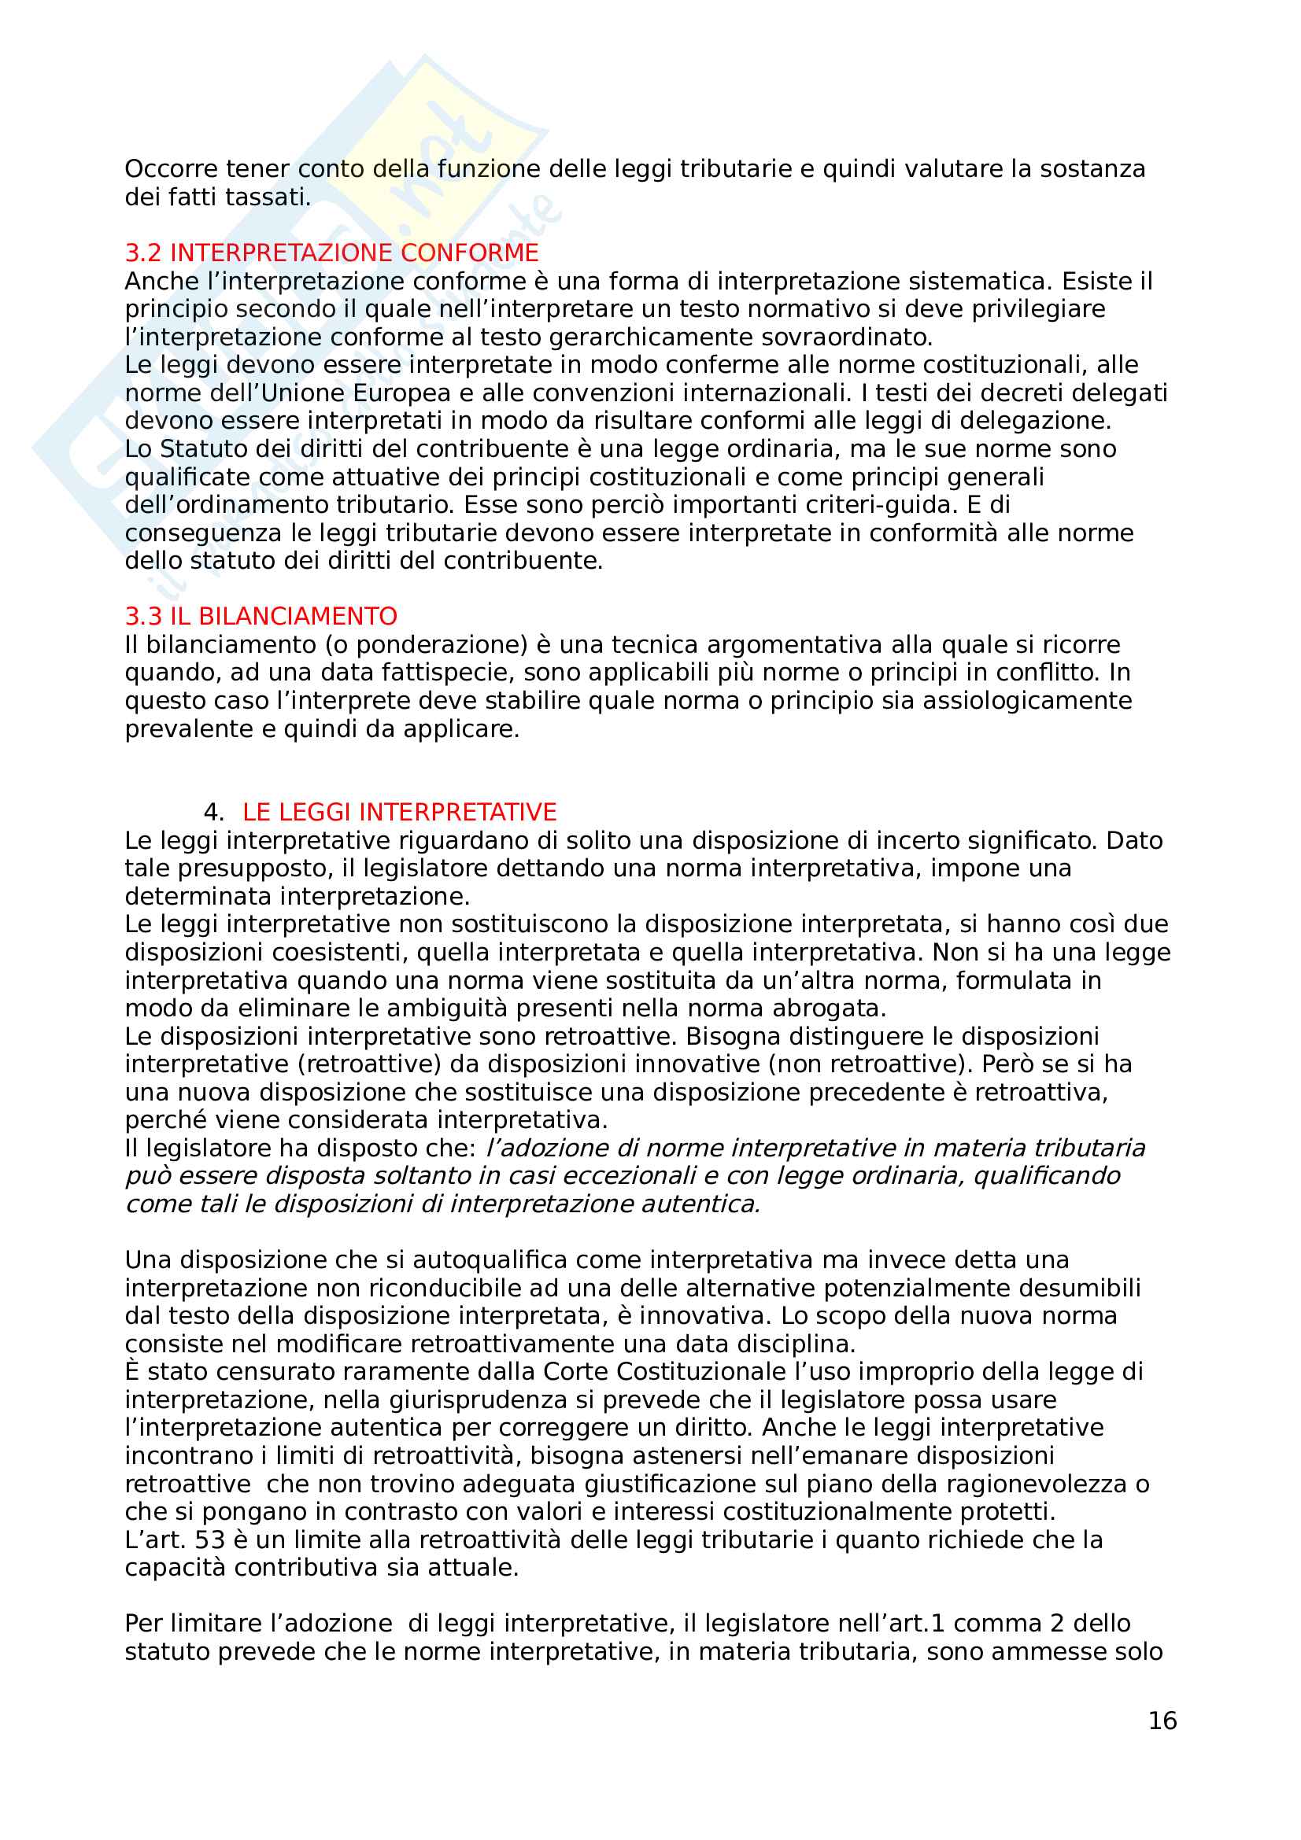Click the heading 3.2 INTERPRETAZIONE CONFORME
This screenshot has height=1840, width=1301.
point(331,253)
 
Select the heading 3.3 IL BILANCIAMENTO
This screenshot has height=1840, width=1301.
point(261,616)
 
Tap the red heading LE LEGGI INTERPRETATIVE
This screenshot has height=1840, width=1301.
point(399,812)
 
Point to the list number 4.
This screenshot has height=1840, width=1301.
point(213,812)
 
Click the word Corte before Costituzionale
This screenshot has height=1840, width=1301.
point(571,1371)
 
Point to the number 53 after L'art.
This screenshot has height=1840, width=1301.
point(210,1539)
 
